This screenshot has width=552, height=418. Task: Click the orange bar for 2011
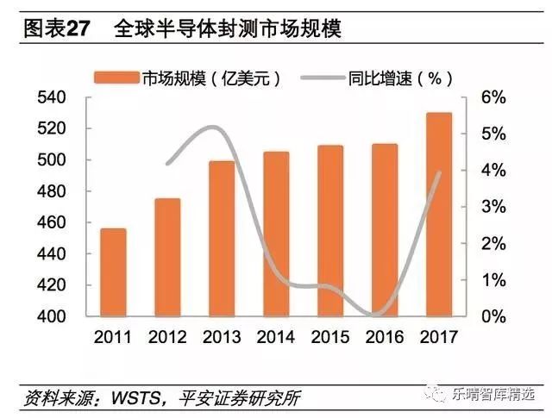tap(113, 272)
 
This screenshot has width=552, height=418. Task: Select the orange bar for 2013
tap(222, 239)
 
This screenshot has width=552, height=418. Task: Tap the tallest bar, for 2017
tap(439, 215)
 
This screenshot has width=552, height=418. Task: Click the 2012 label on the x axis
tap(167, 337)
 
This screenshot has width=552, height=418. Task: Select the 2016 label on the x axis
tap(385, 337)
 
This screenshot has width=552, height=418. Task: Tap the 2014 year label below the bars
tap(276, 337)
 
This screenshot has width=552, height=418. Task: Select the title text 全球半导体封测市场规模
tap(228, 28)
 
